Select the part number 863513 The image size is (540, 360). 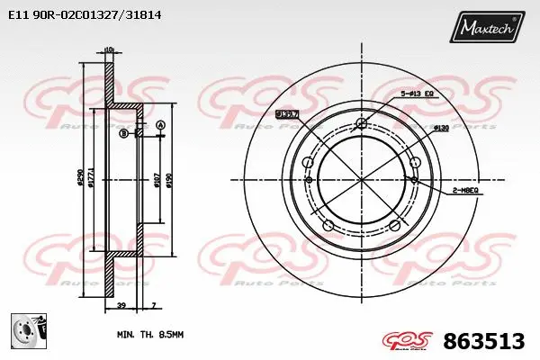click(x=485, y=341)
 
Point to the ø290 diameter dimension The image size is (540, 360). click(x=80, y=183)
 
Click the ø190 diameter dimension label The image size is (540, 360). click(x=168, y=185)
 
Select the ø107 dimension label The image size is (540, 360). click(x=156, y=185)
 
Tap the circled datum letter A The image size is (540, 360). click(x=160, y=124)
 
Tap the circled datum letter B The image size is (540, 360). click(x=122, y=133)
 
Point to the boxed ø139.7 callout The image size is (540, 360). click(x=288, y=114)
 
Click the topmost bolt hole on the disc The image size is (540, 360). click(x=362, y=123)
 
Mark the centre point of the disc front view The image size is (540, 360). click(x=362, y=179)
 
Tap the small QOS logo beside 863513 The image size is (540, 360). click(x=408, y=340)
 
